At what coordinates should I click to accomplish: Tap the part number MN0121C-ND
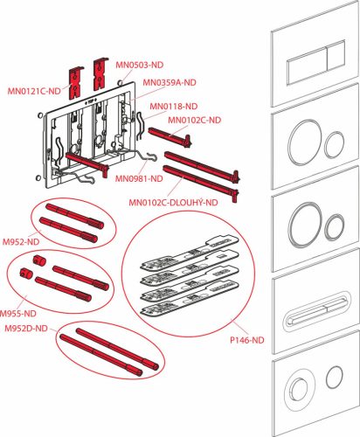point(35,90)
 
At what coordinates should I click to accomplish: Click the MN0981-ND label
point(139,179)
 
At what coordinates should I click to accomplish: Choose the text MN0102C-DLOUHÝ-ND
point(174,205)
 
